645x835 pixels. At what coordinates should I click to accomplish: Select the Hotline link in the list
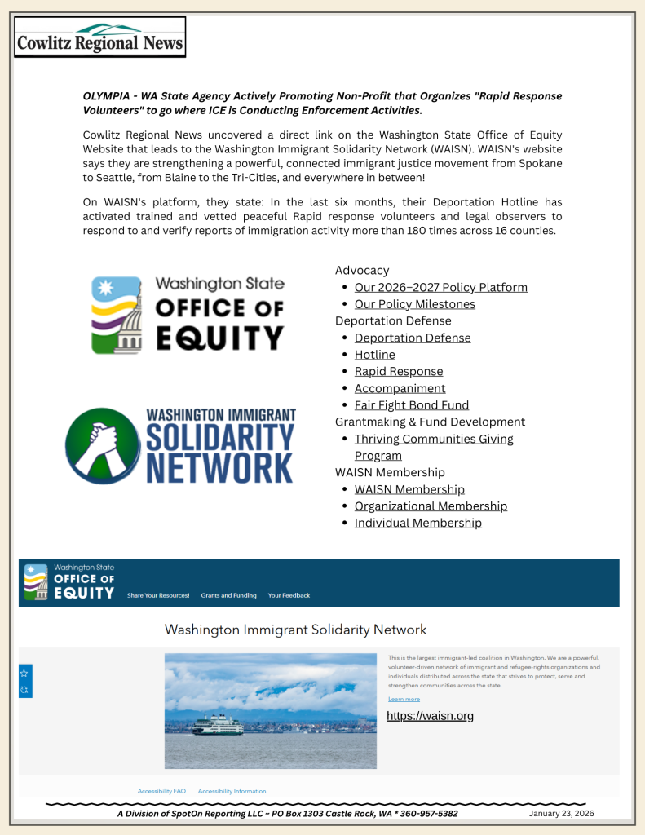tap(374, 355)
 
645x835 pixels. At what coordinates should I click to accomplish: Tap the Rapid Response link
tap(399, 372)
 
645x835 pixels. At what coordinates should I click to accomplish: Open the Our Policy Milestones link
tap(414, 304)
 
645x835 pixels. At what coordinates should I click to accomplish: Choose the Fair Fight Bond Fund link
tap(411, 405)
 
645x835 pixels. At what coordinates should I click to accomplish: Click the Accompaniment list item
tap(400, 388)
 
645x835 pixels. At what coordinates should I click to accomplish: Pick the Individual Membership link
tap(417, 524)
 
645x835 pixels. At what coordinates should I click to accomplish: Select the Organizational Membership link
tap(431, 506)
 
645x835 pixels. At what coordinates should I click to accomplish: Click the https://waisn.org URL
tap(430, 716)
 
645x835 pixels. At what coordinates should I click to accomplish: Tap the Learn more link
tap(404, 699)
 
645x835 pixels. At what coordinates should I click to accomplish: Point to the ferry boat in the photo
tap(219, 724)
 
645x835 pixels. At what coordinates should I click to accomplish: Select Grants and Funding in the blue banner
tap(228, 595)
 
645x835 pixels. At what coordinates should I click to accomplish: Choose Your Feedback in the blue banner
tap(289, 595)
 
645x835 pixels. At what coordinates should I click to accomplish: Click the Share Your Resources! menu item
tap(158, 595)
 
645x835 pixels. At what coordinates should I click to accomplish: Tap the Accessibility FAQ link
tap(161, 791)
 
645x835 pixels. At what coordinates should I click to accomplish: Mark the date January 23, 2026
tap(561, 813)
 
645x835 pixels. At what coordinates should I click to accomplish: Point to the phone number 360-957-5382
tap(424, 814)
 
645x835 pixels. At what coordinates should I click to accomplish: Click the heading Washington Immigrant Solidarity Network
tap(295, 630)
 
